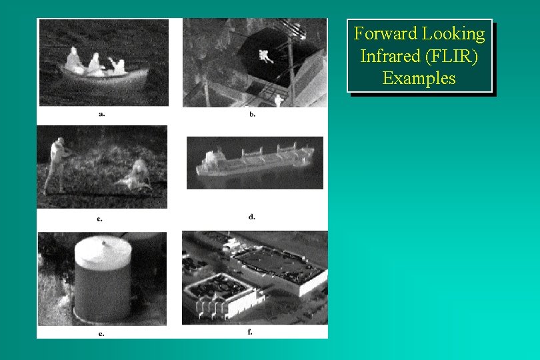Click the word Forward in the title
385,33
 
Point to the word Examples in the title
419,78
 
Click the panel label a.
101,113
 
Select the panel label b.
252,114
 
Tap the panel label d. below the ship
251,216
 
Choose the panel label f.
250,331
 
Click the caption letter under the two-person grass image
99,217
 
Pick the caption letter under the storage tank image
101,333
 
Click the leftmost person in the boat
73,59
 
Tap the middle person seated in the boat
95,63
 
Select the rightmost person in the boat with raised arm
119,65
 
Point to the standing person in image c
57,164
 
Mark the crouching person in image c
137,175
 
